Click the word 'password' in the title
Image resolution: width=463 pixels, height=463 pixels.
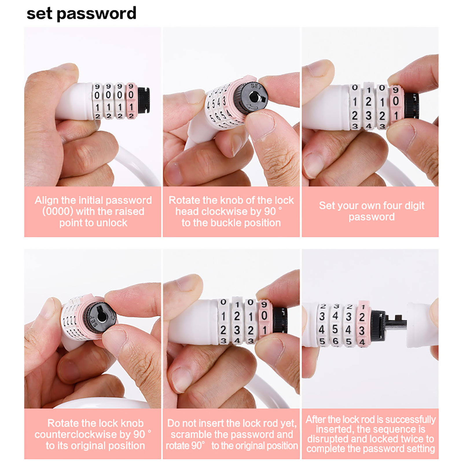pos(96,14)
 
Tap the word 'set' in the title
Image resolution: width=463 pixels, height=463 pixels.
pos(39,13)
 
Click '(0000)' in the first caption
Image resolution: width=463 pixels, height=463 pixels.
pos(58,212)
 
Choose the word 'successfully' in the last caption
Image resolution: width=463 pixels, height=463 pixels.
pos(410,420)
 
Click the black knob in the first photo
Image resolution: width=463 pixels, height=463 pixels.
pos(144,100)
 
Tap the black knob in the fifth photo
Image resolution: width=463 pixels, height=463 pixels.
pos(280,320)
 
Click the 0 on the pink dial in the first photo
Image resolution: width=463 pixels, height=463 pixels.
pos(131,95)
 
